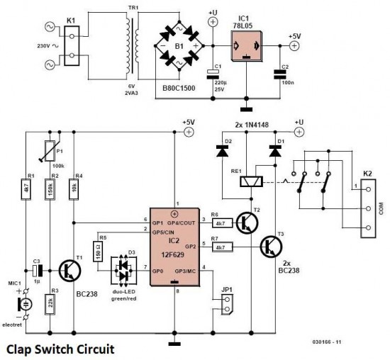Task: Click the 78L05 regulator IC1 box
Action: tap(246, 46)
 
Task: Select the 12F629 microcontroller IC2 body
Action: tap(175, 247)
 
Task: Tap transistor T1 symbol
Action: tap(70, 271)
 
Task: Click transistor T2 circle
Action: tap(247, 223)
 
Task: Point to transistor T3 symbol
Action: tap(271, 247)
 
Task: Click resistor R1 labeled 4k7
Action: tap(26, 189)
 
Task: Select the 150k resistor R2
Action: tap(50, 189)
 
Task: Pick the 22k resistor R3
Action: tap(50, 305)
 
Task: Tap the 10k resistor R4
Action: tap(74, 189)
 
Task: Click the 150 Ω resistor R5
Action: tap(98, 252)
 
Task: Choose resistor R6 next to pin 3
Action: tap(223, 223)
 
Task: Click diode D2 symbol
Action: tap(223, 151)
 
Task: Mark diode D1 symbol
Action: tap(275, 151)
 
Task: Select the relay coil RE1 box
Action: tap(251, 181)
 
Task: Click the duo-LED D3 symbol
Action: tap(124, 271)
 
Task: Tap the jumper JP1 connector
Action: tap(227, 305)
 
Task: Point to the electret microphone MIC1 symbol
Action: tap(24, 304)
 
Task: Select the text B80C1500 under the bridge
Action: tap(179, 88)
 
